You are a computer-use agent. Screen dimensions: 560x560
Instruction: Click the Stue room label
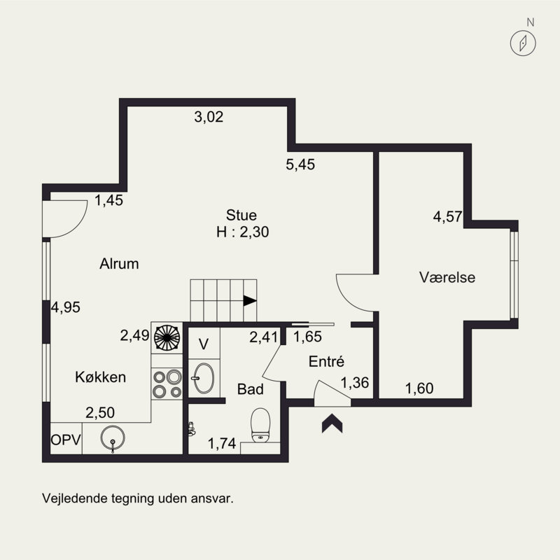tap(241, 216)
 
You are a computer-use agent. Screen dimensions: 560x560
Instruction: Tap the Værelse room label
tap(447, 277)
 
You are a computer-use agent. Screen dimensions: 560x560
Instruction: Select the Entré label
tap(326, 361)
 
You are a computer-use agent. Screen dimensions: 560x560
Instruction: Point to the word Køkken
tap(100, 377)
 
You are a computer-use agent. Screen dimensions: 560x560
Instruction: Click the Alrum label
tap(119, 264)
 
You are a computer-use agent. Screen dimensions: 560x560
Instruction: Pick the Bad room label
tap(251, 389)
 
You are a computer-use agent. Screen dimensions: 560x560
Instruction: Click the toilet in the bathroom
tap(260, 425)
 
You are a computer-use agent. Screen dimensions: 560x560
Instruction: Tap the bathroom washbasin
tap(204, 378)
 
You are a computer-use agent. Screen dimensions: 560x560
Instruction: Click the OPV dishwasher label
tap(66, 440)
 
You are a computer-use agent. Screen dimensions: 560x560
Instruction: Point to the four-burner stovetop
tap(167, 384)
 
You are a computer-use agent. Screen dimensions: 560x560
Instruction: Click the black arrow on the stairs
tap(250, 301)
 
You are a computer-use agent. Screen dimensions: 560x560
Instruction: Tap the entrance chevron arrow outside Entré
tap(332, 423)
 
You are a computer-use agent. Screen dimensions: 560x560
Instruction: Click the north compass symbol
tap(523, 43)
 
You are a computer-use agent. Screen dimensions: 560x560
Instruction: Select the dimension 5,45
tap(300, 164)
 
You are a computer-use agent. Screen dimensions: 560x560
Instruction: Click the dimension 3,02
tap(209, 117)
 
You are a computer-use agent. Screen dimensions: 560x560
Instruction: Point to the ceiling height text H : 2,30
tap(242, 232)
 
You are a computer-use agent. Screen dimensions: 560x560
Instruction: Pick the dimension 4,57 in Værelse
tap(448, 217)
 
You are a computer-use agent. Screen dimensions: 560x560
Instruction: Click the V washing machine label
tap(204, 344)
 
